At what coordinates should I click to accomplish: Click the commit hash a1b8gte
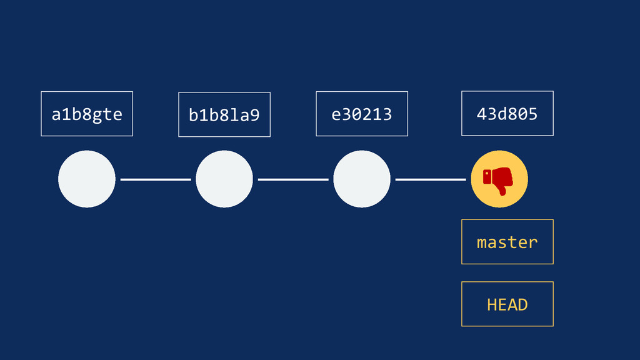pos(87,114)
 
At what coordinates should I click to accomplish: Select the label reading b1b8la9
pos(224,115)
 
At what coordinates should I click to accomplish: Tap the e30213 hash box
pos(362,114)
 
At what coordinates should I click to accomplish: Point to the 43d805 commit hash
pos(507,114)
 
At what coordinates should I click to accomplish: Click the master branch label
pos(507,242)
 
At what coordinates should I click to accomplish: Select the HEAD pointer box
pos(507,304)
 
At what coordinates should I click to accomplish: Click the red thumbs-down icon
pos(499,180)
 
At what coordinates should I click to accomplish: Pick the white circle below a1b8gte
pos(87,179)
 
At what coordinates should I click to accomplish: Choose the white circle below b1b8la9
pos(224,179)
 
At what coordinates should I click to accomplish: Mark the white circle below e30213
pos(362,179)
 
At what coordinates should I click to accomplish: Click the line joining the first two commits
pos(156,179)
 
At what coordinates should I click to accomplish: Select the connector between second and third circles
pos(293,179)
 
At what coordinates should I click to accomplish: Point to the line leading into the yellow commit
pos(431,179)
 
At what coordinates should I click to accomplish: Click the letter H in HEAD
pos(492,304)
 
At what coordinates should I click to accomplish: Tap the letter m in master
pos(482,242)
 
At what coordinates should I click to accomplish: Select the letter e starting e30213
pos(336,115)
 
